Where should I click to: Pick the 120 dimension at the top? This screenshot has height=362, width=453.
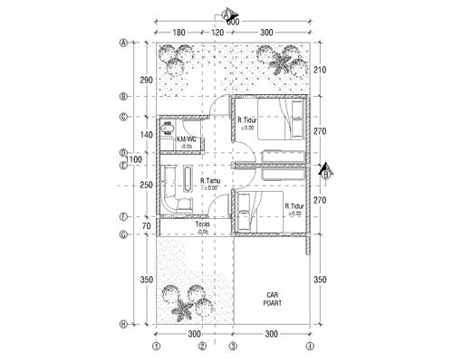[x=217, y=33]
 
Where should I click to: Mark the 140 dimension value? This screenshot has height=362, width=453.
[x=146, y=134]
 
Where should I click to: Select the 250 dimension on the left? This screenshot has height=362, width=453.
[x=146, y=185]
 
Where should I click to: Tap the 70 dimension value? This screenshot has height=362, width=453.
[x=148, y=225]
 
